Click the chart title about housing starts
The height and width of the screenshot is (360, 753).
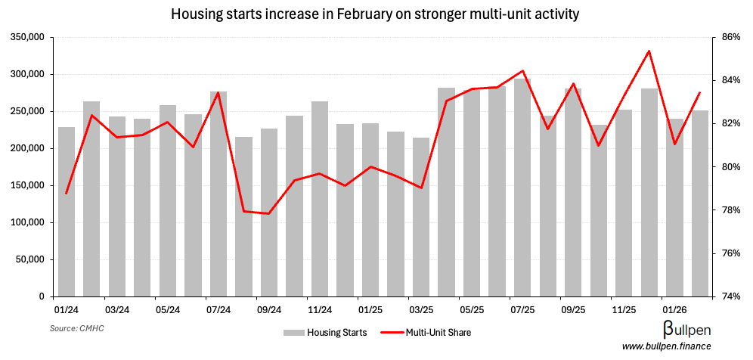coord(376,14)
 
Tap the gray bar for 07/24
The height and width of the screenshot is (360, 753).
coord(218,194)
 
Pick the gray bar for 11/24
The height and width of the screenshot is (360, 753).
coord(320,199)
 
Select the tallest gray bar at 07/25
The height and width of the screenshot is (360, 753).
coord(522,188)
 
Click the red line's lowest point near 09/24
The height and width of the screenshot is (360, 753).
coord(268,213)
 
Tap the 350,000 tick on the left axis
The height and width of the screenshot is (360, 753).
coord(26,37)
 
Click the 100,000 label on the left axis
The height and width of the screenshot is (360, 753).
coord(26,222)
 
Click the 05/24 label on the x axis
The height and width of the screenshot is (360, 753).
coord(168,310)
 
